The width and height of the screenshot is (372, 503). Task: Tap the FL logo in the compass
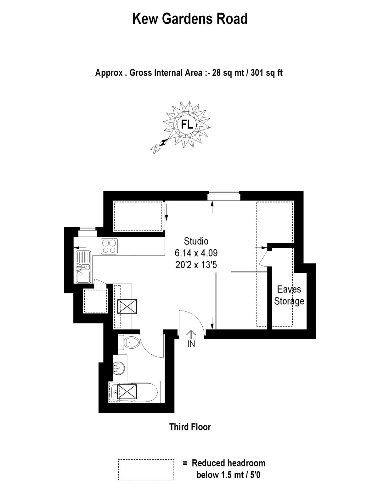(187, 124)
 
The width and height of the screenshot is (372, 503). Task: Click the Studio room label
(196, 241)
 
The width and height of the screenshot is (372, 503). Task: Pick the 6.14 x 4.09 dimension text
(196, 253)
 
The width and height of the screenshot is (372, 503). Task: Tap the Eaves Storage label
(289, 295)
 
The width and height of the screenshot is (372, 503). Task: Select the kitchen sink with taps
(83, 267)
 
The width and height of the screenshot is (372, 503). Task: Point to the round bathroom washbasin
(119, 368)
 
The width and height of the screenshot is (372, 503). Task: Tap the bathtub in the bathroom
(134, 392)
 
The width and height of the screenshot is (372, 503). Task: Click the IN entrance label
(191, 344)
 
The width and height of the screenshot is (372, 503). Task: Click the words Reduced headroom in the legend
(228, 463)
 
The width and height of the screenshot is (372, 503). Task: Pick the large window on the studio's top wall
(224, 196)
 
